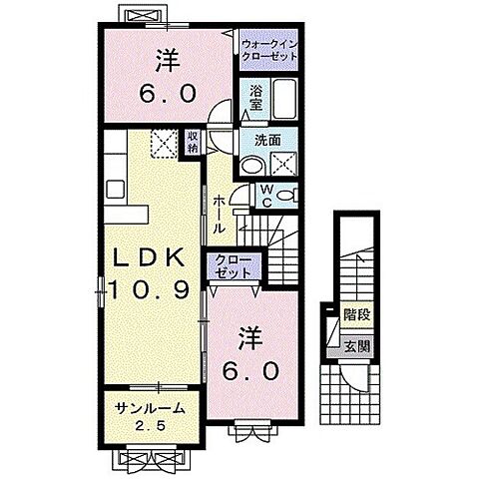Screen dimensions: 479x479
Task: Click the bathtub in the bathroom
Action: pos(285,101)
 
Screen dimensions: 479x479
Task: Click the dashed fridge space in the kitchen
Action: pos(161,144)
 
